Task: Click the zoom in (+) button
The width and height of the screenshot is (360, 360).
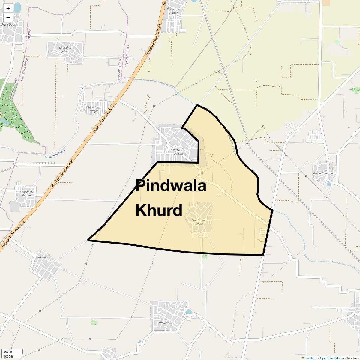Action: point(8,8)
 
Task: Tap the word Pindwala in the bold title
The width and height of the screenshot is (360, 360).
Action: point(171,186)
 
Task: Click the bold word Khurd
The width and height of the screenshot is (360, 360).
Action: point(159,210)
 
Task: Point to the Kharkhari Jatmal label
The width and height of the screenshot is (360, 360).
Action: point(66,49)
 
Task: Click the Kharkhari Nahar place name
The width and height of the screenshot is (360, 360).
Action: point(173,11)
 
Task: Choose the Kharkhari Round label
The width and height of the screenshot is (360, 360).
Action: point(26,193)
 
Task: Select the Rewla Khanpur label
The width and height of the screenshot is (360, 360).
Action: point(323,173)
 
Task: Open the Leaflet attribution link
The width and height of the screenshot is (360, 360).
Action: point(310,358)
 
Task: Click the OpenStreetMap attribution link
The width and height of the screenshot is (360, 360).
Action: point(330,358)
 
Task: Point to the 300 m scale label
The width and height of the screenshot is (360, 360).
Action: point(8,352)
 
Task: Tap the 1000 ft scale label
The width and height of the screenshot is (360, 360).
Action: point(8,356)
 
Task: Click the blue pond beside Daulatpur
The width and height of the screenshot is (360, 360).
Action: point(189,312)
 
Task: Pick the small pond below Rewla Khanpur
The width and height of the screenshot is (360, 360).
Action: point(329,184)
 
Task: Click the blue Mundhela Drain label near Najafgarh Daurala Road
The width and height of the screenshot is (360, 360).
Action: point(55,154)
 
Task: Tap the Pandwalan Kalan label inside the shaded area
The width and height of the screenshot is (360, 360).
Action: point(199,222)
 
